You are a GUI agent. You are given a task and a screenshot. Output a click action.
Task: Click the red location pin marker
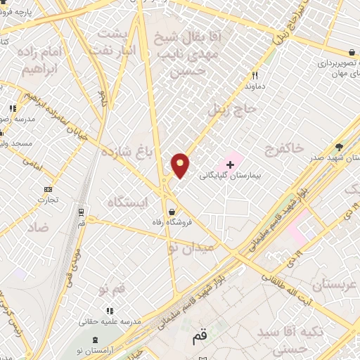pyautogui.click(x=181, y=165)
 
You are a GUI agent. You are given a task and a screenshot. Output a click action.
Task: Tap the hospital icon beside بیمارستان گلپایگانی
pyautogui.click(x=229, y=162)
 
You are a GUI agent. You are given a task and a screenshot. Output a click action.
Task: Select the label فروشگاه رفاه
pyautogui.click(x=172, y=224)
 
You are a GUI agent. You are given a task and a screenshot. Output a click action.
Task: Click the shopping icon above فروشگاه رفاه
pyautogui.click(x=172, y=210)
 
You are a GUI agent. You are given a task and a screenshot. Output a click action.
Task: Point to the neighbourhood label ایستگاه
pyautogui.click(x=127, y=202)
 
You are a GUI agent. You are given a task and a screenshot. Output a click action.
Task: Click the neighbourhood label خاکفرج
pyautogui.click(x=285, y=148)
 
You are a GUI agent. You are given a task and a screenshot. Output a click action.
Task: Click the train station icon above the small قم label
pyautogui.click(x=82, y=211)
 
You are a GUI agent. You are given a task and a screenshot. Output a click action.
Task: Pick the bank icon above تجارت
pyautogui.click(x=48, y=189)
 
